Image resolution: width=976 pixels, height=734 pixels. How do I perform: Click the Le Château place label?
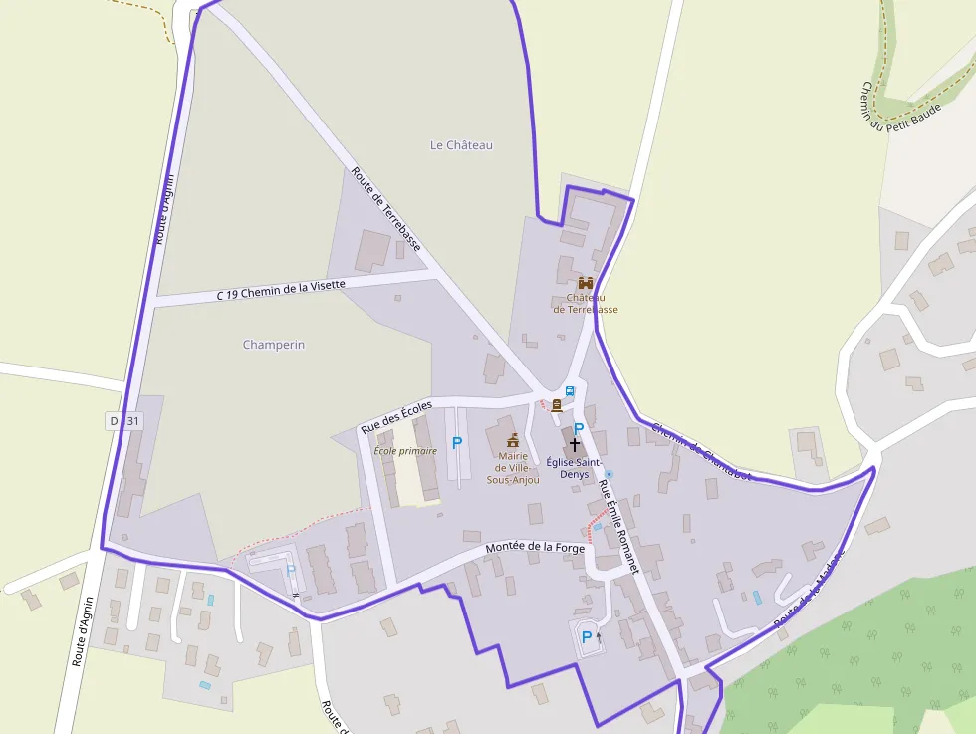click(x=461, y=145)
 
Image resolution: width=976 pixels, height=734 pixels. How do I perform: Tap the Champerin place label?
click(x=274, y=345)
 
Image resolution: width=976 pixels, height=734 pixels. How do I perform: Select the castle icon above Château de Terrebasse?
click(x=586, y=283)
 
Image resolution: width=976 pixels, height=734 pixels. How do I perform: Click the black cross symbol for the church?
click(x=575, y=445)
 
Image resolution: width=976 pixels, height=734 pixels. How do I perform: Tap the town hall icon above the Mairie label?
click(x=513, y=440)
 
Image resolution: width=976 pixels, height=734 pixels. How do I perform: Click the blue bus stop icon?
click(x=570, y=391)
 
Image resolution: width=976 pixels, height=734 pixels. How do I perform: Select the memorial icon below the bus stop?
click(x=557, y=405)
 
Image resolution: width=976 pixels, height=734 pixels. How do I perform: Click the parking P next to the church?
click(x=579, y=428)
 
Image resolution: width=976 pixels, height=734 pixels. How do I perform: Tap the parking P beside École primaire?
click(x=457, y=442)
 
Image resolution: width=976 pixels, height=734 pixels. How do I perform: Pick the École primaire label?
click(x=405, y=451)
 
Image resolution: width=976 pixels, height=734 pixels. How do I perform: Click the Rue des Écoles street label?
click(x=396, y=415)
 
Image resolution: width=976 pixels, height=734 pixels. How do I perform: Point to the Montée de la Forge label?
click(x=534, y=547)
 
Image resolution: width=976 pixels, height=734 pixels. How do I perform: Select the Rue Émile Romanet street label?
click(x=617, y=525)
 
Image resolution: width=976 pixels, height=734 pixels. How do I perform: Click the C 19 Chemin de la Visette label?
click(x=282, y=290)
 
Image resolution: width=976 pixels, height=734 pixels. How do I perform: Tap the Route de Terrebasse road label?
click(x=386, y=209)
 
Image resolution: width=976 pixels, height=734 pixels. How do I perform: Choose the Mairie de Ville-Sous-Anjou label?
click(x=513, y=468)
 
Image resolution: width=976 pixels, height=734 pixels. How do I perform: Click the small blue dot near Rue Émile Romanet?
click(x=609, y=473)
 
